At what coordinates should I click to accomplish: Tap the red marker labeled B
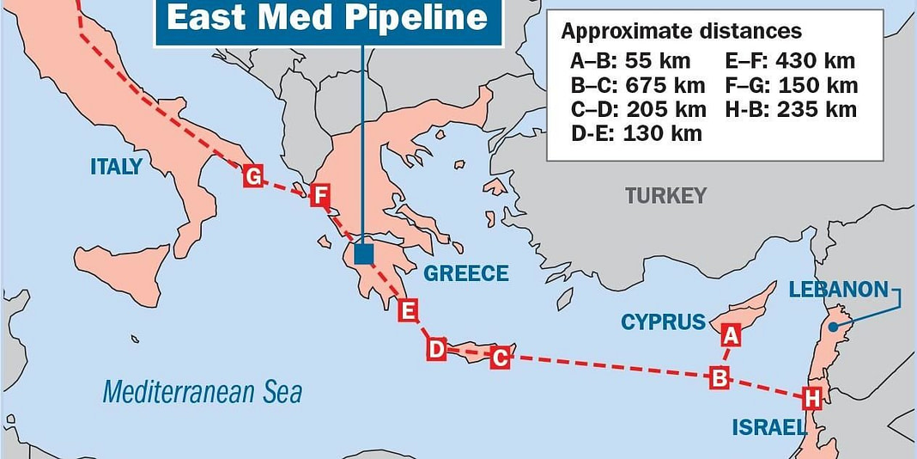(x=720, y=377)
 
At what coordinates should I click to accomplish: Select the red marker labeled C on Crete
(x=500, y=358)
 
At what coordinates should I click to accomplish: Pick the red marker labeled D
(x=436, y=349)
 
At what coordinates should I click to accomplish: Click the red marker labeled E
(x=409, y=310)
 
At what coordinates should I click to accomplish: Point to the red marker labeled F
(x=319, y=196)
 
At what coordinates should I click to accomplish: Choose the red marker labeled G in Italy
(x=252, y=176)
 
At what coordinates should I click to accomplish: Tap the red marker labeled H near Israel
(x=810, y=399)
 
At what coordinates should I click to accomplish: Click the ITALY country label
(x=116, y=167)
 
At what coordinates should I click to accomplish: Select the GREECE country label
(x=465, y=274)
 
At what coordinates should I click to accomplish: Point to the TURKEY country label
(x=665, y=196)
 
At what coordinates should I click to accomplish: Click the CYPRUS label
(x=663, y=322)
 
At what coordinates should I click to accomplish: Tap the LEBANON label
(x=838, y=290)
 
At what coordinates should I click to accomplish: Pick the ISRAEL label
(x=768, y=427)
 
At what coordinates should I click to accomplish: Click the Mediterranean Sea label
(x=202, y=393)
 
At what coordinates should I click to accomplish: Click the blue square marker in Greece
(x=364, y=254)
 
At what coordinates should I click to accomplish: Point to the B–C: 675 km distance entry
(x=637, y=85)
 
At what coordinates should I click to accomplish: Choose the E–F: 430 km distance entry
(x=791, y=60)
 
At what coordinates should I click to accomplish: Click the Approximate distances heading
(x=681, y=32)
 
